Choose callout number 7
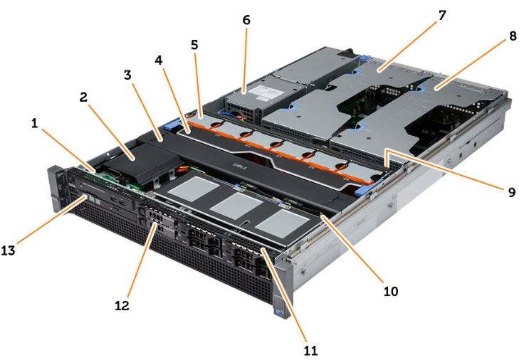pos(442,15)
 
